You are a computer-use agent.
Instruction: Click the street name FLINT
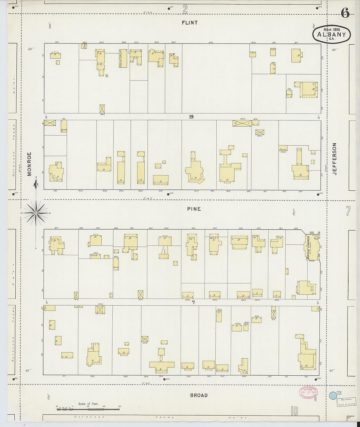(190, 23)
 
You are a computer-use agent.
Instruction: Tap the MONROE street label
(29, 164)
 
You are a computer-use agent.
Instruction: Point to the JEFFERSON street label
(334, 159)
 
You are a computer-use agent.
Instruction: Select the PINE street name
(194, 209)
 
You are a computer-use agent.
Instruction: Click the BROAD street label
(199, 395)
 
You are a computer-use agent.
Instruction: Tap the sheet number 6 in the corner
(345, 13)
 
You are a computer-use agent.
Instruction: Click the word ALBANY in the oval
(331, 34)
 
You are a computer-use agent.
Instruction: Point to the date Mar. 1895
(332, 29)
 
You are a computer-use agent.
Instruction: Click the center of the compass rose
(36, 213)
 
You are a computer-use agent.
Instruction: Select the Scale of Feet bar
(88, 409)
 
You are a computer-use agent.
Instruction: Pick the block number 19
(191, 117)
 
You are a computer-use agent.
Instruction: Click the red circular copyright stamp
(308, 392)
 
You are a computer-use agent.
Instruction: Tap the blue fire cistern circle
(333, 396)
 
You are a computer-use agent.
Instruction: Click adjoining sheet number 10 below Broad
(294, 411)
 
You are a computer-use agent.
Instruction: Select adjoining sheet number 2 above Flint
(185, 9)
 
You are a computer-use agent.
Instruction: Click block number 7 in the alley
(193, 302)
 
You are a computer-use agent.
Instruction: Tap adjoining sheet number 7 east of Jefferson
(348, 211)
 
